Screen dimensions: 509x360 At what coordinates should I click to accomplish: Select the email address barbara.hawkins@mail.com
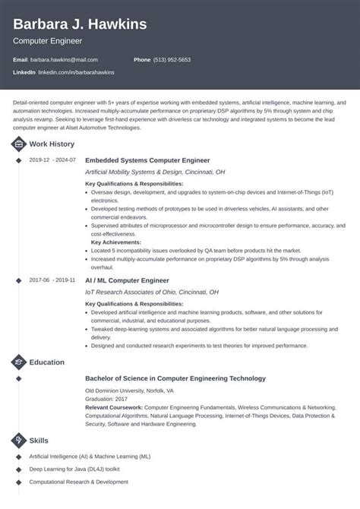pos(64,59)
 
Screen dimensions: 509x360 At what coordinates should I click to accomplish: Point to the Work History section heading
pos(52,144)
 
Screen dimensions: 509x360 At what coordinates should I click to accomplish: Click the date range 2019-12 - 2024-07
pos(52,160)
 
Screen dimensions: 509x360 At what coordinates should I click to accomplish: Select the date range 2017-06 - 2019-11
pos(52,280)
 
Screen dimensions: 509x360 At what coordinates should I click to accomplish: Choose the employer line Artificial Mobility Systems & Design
pos(155,172)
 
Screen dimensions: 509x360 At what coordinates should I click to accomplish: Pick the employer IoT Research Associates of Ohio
pos(152,292)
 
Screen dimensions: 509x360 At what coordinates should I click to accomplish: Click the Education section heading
pos(47,362)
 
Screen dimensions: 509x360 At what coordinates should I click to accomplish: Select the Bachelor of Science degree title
pos(175,378)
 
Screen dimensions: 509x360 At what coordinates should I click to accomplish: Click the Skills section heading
pos(39,441)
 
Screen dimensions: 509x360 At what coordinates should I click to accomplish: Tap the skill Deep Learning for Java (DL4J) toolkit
pos(82,469)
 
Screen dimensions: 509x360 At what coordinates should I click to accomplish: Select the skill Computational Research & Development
pos(79,482)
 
